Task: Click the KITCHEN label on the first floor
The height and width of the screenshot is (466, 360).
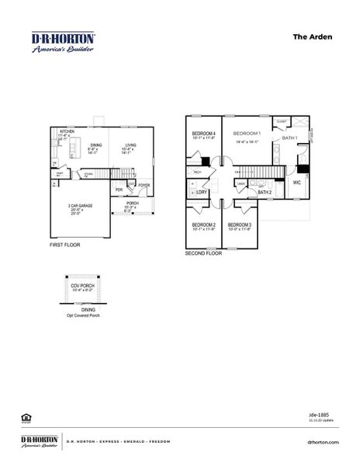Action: pos(67,132)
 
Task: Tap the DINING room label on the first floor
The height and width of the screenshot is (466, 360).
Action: pos(95,144)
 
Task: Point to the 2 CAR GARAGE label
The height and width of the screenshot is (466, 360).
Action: pos(80,206)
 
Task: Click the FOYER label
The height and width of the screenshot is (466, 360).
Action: pos(144,186)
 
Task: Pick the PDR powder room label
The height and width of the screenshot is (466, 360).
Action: pos(119,190)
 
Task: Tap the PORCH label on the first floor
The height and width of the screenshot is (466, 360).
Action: pos(133,203)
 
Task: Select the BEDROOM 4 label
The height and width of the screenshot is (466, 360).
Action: pos(203,134)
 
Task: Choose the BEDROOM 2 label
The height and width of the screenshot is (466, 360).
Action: pos(203,224)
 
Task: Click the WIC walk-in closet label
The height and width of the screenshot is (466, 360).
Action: pos(296,183)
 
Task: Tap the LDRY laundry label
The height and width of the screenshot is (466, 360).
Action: pos(202,191)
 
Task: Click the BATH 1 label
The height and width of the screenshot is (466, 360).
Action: pos(289,137)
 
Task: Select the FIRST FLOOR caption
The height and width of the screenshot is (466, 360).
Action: pos(64,245)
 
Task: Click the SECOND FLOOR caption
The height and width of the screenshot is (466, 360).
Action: pos(203,253)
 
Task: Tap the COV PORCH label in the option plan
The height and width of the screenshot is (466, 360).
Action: pos(82,285)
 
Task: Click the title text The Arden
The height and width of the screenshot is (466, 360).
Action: pos(310,36)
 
